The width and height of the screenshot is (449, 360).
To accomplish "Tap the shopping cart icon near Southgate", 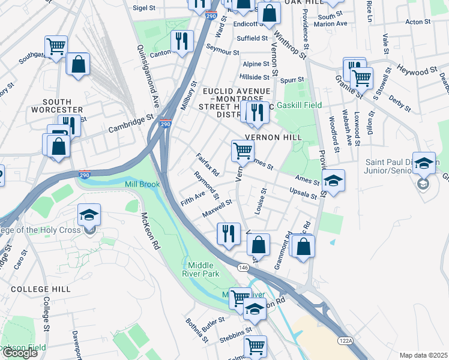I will (56, 46).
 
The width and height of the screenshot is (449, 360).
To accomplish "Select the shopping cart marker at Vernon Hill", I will (243, 151).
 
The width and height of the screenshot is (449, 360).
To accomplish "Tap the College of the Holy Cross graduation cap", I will (89, 215).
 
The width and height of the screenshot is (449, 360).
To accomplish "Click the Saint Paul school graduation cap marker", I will (424, 163).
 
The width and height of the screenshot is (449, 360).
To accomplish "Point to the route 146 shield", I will (243, 266).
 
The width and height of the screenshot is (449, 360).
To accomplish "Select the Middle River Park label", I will (205, 269).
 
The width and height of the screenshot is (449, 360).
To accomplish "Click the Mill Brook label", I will (142, 184).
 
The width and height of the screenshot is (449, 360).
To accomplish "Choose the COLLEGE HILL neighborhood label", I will (41, 289).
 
